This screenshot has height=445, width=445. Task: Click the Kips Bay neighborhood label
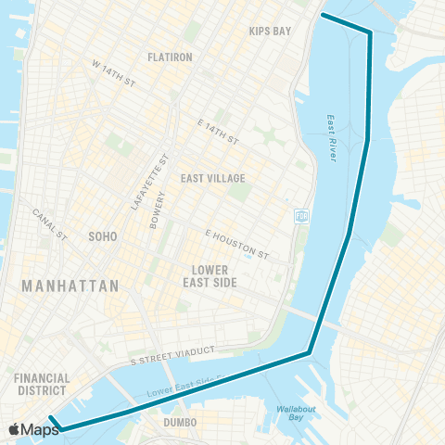[270, 31]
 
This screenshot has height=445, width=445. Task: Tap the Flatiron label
[169, 57]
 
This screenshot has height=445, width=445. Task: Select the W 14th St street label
[113, 75]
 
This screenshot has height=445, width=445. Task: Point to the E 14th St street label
[218, 133]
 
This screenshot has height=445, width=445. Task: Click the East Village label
[213, 178]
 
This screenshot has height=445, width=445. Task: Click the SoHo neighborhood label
[102, 236]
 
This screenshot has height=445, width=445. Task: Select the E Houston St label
[236, 245]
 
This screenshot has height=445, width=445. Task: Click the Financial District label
[42, 385]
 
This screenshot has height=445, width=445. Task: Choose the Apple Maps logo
[33, 429]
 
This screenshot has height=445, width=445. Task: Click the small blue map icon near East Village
[301, 216]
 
